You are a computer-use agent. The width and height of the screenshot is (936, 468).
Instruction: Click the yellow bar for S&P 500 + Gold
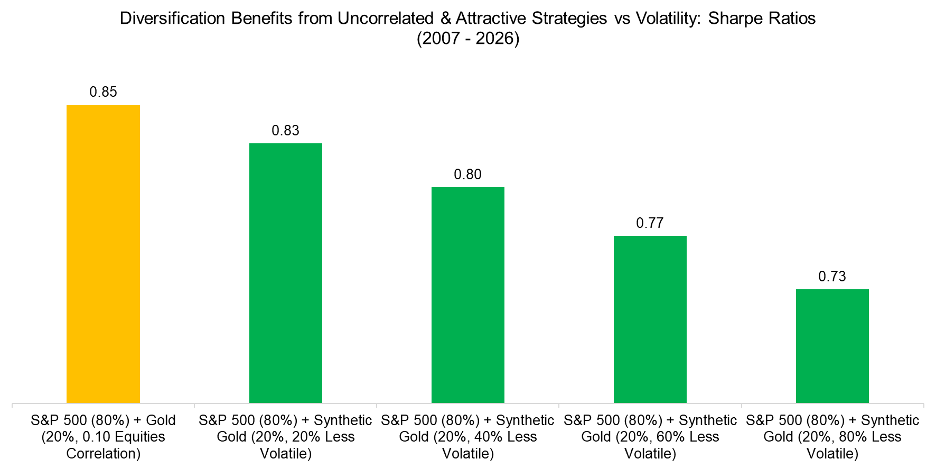[103, 254]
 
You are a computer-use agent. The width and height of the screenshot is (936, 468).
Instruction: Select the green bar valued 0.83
[285, 273]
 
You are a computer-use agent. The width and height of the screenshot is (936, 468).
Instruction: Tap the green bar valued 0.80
[467, 295]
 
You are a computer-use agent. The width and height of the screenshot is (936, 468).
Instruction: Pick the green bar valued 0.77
[650, 319]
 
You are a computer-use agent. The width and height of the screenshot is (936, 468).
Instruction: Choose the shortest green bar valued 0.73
[832, 346]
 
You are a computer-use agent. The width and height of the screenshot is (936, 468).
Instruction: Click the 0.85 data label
[103, 92]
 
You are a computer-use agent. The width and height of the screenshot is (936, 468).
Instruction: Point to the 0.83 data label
[285, 131]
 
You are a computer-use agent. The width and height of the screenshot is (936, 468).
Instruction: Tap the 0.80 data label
[467, 175]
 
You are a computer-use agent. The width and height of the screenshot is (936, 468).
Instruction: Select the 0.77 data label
[650, 223]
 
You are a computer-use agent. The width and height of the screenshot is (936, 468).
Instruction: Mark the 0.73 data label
[832, 277]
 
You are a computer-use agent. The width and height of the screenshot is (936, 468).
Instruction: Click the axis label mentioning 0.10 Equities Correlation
[103, 437]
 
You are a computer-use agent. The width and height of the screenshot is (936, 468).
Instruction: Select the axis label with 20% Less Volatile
[285, 437]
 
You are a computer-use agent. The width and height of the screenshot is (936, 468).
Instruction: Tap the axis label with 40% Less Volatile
[467, 437]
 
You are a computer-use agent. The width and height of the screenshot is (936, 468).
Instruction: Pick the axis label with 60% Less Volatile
[650, 437]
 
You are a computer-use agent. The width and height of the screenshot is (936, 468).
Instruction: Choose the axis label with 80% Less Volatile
[832, 437]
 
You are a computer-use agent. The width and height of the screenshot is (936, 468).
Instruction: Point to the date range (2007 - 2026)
[467, 39]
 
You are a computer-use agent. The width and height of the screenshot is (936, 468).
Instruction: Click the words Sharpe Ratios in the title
[761, 19]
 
